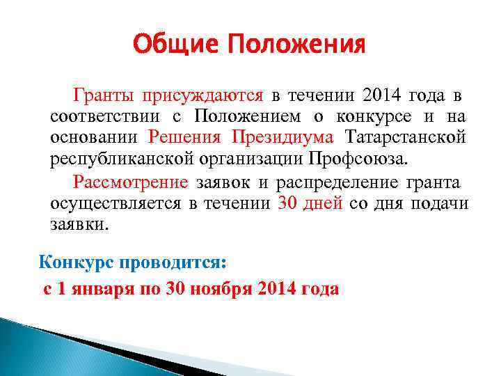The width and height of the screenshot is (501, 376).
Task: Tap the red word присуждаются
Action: coord(202,95)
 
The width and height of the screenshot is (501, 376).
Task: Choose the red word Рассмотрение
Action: coord(130,182)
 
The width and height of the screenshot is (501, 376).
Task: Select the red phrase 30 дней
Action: coord(310,203)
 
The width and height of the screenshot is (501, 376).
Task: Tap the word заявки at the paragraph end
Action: coord(79,225)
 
